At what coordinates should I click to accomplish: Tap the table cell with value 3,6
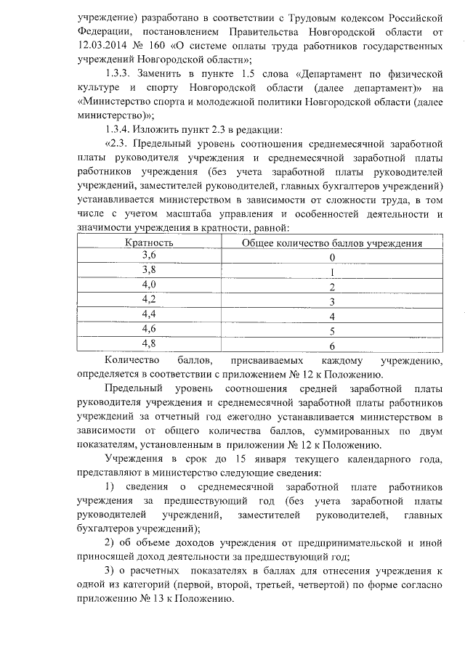[x=149, y=255]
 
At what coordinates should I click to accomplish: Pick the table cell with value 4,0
[x=149, y=284]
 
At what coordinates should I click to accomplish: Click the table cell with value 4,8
[x=149, y=343]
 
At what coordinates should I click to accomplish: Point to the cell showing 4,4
[x=149, y=314]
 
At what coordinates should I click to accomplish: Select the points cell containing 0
[x=332, y=258]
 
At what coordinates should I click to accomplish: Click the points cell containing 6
[x=332, y=346]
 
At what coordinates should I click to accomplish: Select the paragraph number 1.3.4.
[x=117, y=129]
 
